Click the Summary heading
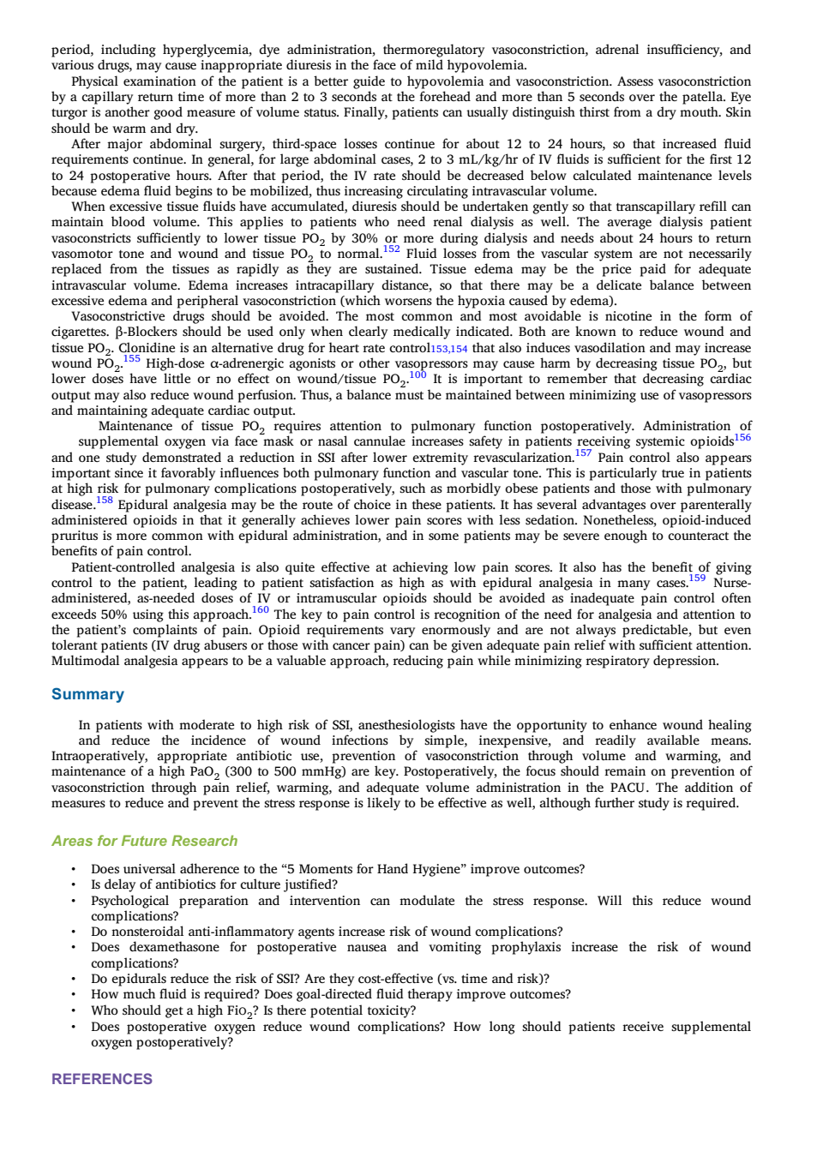(x=87, y=694)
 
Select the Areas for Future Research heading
(x=145, y=841)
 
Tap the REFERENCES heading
(x=102, y=1079)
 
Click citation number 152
(x=391, y=249)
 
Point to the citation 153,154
(x=449, y=349)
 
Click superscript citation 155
(x=132, y=358)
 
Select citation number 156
(x=742, y=437)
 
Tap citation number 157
(x=584, y=453)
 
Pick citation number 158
(x=105, y=500)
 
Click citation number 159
(x=697, y=578)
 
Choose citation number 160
(x=261, y=609)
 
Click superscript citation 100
(x=418, y=375)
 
